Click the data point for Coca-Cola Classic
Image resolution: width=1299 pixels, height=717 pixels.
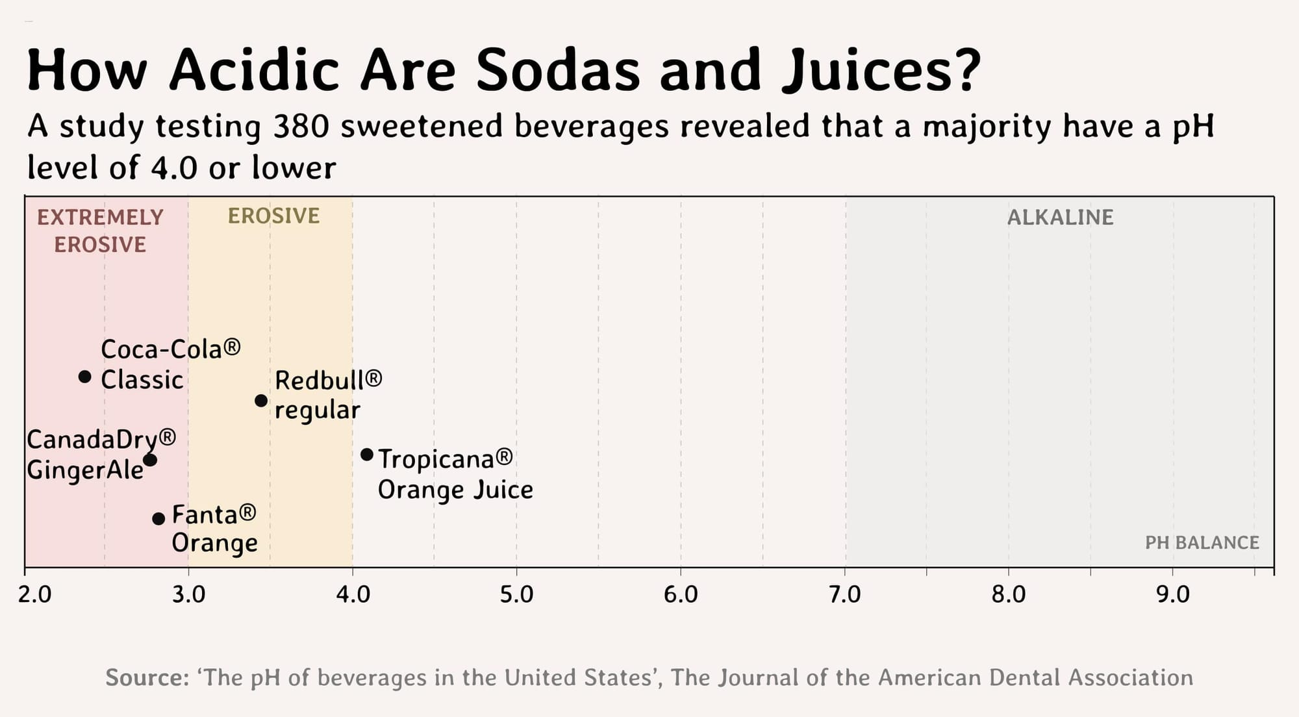(x=84, y=377)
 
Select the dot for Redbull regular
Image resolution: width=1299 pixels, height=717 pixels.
(x=261, y=401)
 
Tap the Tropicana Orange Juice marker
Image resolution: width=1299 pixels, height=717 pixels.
(x=367, y=455)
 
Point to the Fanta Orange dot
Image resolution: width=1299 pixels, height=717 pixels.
(x=158, y=518)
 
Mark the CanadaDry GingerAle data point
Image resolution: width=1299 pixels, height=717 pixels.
(x=150, y=460)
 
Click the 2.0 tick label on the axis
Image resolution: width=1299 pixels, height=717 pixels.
(x=35, y=594)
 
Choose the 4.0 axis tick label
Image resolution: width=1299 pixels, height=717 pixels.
(x=353, y=594)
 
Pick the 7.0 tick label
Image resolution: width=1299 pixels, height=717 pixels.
(x=845, y=594)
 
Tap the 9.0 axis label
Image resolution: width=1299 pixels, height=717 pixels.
(x=1173, y=594)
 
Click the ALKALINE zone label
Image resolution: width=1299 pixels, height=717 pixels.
(x=1060, y=217)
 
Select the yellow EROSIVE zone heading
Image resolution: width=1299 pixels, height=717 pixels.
(x=273, y=216)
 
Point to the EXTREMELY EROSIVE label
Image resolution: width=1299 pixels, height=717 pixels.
(x=100, y=231)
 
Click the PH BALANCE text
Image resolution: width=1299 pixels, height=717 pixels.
(x=1202, y=542)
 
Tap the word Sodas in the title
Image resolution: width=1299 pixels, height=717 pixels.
(x=558, y=69)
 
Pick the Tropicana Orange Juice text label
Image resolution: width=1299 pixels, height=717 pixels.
(x=455, y=474)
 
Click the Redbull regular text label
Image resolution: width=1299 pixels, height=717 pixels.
(x=328, y=395)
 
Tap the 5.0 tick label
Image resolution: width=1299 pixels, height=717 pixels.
(x=516, y=594)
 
